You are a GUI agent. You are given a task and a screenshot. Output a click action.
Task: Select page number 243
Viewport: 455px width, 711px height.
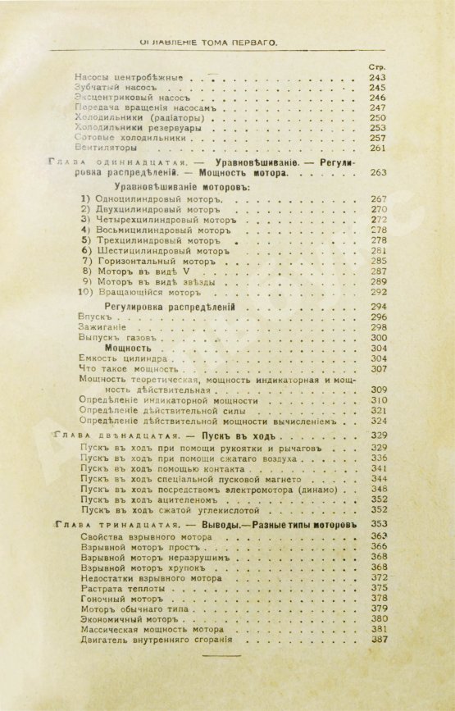[377, 77]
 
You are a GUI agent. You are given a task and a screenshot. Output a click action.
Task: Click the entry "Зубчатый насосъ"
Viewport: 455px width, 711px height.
[114, 87]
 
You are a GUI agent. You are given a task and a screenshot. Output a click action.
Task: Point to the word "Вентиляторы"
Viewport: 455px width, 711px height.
[107, 149]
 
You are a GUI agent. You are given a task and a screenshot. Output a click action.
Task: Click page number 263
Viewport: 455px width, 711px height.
[378, 173]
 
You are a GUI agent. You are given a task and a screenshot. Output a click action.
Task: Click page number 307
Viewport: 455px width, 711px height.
[378, 369]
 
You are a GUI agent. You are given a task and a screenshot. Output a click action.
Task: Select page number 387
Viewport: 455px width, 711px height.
[378, 639]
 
